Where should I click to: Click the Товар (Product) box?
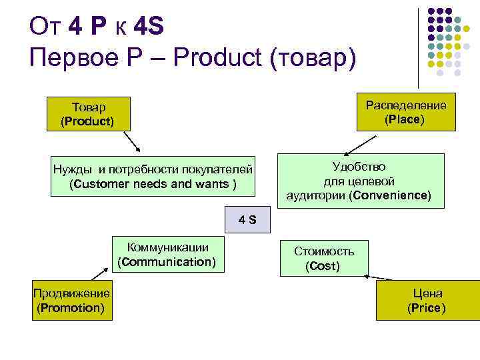click(87, 114)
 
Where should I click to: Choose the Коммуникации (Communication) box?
click(167, 254)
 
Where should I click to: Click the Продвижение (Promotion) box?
click(72, 301)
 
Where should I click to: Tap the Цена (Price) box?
click(427, 301)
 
